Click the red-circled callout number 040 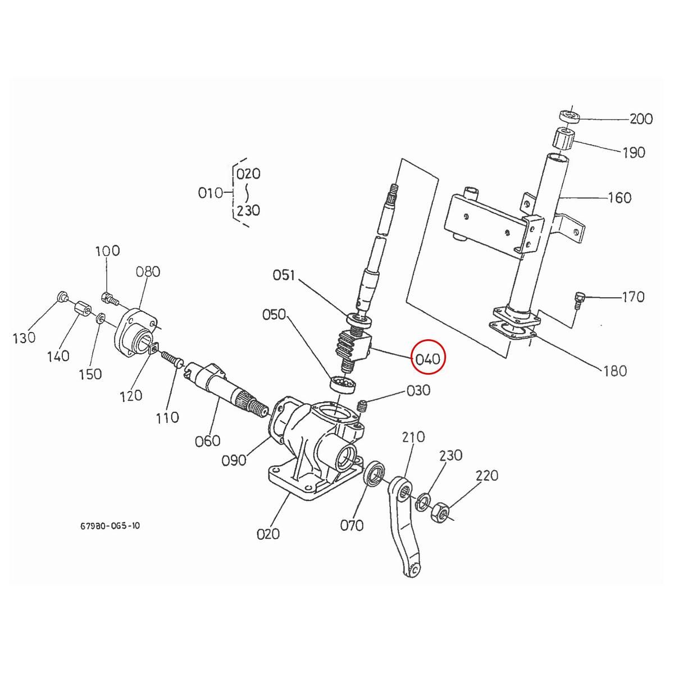click(x=428, y=358)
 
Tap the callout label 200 click(x=640, y=119)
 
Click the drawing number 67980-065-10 click(x=110, y=526)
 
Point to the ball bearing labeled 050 click(x=343, y=385)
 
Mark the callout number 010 click(x=211, y=193)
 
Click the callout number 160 click(x=620, y=198)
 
